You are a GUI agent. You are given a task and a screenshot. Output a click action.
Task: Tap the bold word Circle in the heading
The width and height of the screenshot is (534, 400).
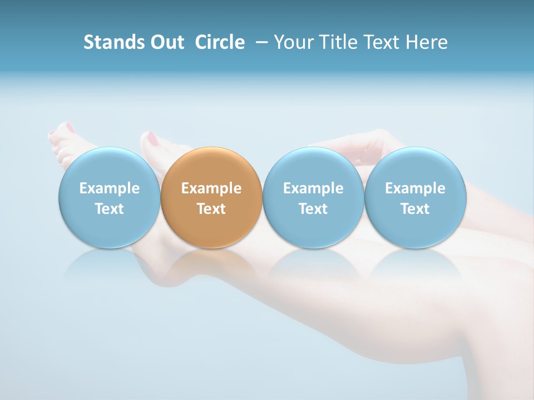click(220, 42)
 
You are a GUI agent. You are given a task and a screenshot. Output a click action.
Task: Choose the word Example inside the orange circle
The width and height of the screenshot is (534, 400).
click(211, 188)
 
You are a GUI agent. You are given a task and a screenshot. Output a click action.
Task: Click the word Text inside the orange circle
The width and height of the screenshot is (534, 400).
click(211, 209)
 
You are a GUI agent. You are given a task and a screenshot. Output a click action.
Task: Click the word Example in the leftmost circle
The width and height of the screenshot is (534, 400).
click(109, 188)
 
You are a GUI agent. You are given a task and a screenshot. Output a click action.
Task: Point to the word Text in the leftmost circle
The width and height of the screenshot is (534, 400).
click(109, 209)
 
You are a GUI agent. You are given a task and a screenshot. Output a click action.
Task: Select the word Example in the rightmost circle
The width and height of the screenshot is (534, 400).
click(416, 188)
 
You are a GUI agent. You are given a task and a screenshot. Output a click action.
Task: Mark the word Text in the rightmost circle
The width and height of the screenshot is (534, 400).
click(416, 209)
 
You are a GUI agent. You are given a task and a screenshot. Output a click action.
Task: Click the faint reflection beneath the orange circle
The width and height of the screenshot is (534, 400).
click(211, 264)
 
